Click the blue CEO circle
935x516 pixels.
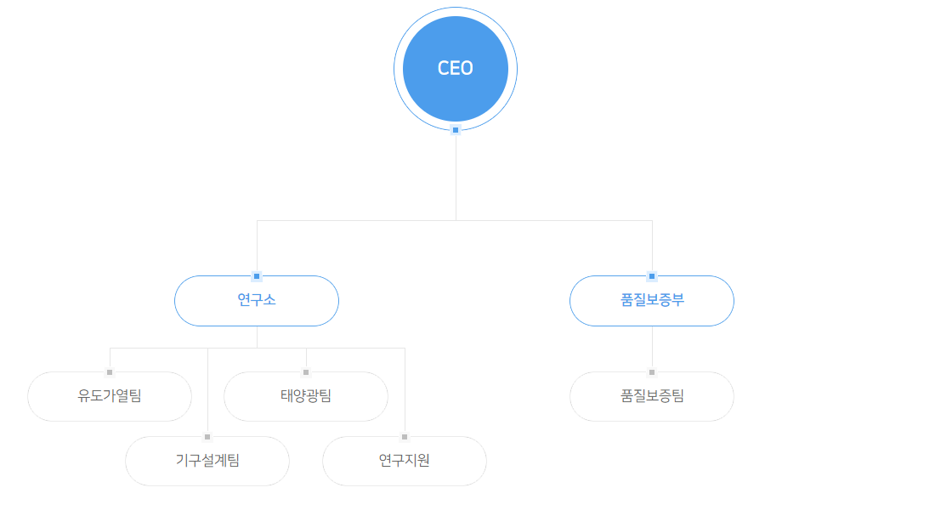coord(456,69)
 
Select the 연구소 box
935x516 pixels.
coord(257,301)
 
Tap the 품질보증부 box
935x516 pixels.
coord(652,301)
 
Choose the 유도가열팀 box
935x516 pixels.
coord(110,397)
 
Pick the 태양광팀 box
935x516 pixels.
coord(306,397)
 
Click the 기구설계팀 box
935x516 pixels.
coord(207,461)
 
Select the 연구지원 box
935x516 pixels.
coord(405,461)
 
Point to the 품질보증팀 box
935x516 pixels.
coord(652,397)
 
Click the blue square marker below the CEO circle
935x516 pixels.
coord(456,130)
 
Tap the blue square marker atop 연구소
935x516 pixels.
coord(257,276)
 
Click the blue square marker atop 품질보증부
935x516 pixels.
coord(652,276)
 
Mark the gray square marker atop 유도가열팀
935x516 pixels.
coord(110,372)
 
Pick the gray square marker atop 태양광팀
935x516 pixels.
coord(306,372)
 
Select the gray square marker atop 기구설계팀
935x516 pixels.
coord(207,437)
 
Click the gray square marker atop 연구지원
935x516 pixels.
coord(405,437)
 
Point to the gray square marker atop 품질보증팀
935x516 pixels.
coord(652,372)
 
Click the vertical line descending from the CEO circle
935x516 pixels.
coord(456,177)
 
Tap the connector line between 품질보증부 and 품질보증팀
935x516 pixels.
coord(652,347)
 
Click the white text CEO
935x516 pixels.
coord(456,68)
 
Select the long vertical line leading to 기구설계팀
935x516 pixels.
coord(207,390)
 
